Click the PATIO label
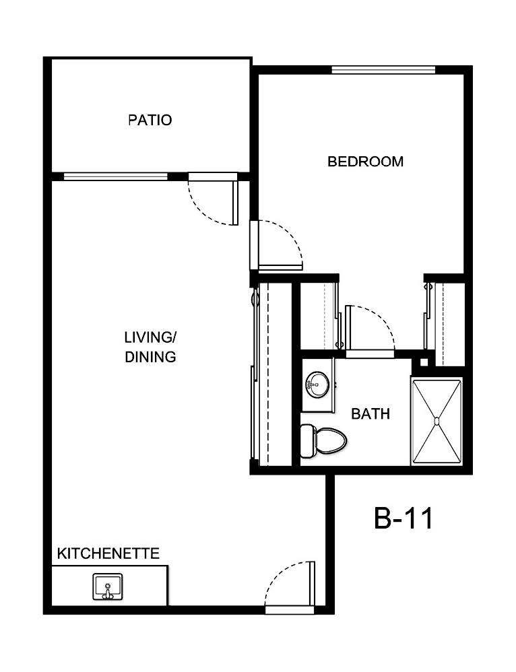pos(150,121)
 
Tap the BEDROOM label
pos(365,162)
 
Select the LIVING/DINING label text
pos(150,347)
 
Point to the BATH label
pos(370,413)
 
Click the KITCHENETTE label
pos(108,553)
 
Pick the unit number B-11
pos(402,518)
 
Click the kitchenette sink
pos(107,586)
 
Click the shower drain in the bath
pos(437,422)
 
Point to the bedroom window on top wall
pos(383,69)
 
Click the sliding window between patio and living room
pos(115,176)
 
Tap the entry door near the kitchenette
pos(290,586)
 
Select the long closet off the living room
pos(274,374)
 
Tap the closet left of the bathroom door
pos(317,316)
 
